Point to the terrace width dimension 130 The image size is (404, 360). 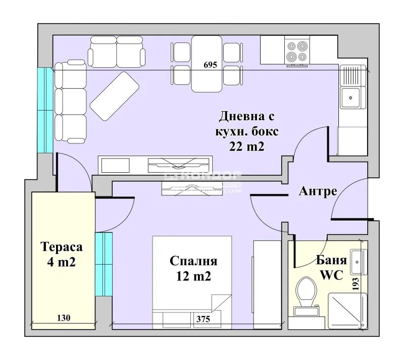pos(64,318)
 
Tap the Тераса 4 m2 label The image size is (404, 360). pos(61,255)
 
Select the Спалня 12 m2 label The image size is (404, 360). pos(193,269)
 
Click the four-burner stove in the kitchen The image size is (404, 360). pos(296,51)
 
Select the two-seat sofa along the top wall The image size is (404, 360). pos(117,51)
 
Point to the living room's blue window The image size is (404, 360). pos(45,110)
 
